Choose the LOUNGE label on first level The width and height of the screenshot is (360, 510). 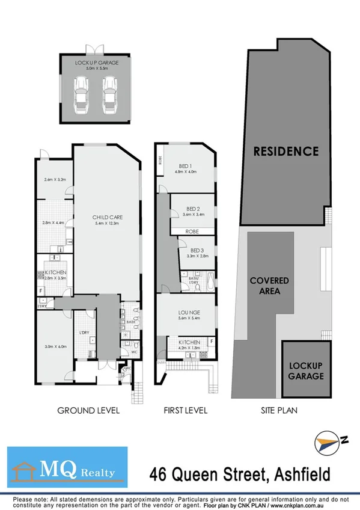point(189,313)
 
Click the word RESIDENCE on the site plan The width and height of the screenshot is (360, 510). point(285,151)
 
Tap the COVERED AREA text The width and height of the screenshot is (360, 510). point(269,286)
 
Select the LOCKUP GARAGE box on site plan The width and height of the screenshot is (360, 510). point(305,370)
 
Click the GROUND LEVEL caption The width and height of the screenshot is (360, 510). point(88,411)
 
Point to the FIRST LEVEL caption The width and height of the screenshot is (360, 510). point(186,411)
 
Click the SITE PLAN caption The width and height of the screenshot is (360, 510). point(278,411)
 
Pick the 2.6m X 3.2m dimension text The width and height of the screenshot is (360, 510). point(55,179)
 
